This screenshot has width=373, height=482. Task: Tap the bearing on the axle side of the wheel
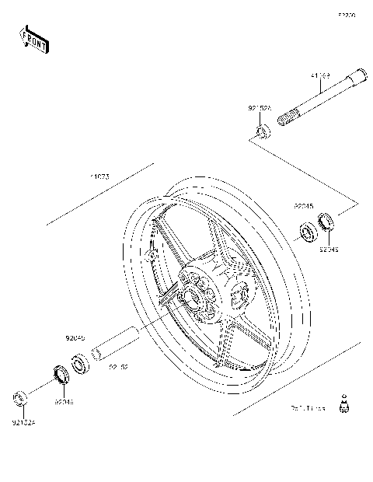pos(307,231)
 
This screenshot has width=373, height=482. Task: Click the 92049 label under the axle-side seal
pos(329,249)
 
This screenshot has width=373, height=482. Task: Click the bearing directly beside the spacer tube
pos(78,362)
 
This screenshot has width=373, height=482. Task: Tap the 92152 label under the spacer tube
pos(118,366)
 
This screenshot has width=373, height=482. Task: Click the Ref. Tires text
pos(307,407)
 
